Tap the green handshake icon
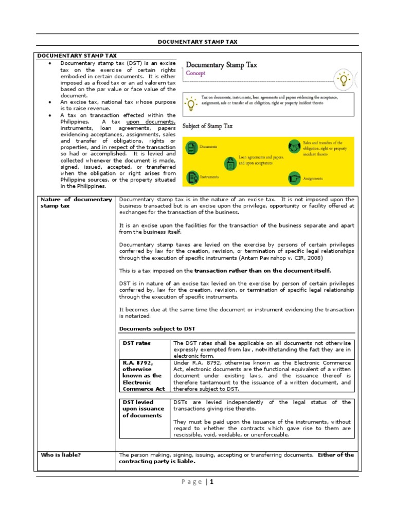coord(294,146)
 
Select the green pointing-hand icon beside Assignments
coord(294,178)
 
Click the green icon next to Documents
coord(192,148)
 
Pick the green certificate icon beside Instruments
coord(192,178)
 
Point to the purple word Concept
coord(195,74)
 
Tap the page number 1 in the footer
coord(211,482)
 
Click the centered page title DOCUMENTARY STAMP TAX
coord(197,42)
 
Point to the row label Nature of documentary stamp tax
coord(76,202)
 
